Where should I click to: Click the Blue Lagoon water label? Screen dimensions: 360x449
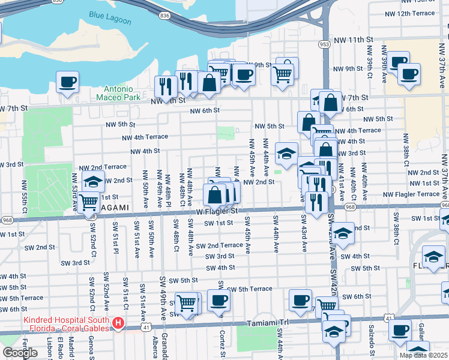tap(110, 19)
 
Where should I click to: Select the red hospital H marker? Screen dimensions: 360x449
tap(118, 324)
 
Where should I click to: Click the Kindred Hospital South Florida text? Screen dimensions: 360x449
tap(67, 324)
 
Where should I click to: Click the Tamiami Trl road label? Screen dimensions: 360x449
tap(268, 323)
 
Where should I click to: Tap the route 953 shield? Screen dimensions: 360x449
tap(325, 44)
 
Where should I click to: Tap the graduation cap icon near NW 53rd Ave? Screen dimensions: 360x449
tap(93, 181)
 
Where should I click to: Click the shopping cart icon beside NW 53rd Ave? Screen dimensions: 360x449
tap(88, 202)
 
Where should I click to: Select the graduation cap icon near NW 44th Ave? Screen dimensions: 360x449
tap(286, 153)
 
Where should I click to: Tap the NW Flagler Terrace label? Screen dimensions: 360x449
tap(411, 194)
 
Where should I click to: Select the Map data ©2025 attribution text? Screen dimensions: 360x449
tap(423, 355)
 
